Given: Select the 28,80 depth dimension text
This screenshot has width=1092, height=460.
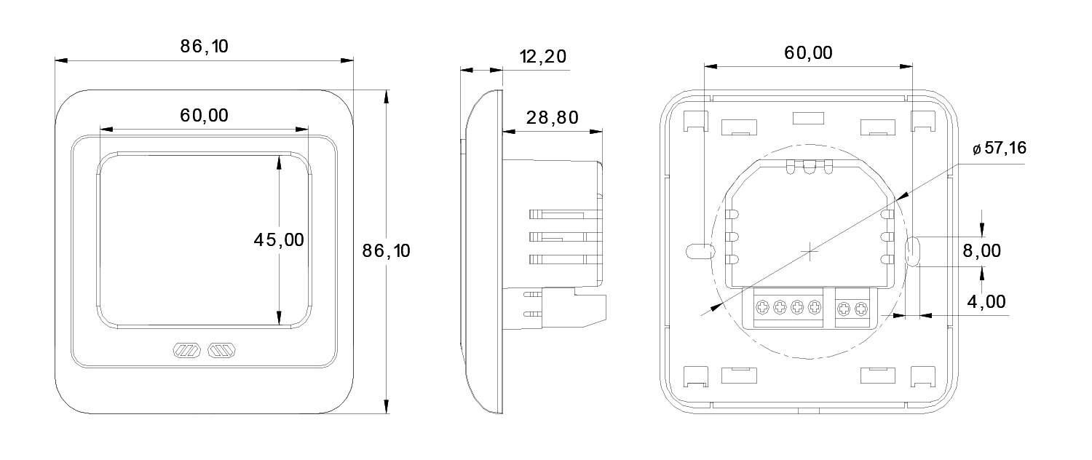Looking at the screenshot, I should point(553,118).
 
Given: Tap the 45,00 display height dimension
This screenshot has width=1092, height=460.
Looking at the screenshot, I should point(278,239).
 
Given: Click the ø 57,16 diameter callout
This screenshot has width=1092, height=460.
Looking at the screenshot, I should point(1000,149).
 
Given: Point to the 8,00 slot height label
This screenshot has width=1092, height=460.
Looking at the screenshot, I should point(981,251).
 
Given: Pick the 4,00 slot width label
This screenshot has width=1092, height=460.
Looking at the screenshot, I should point(987,301).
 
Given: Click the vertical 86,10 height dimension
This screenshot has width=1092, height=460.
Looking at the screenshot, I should point(387,251).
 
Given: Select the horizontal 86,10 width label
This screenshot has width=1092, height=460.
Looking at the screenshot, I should point(205,47).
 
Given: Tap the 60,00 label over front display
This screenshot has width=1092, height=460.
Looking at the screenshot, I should point(204,115).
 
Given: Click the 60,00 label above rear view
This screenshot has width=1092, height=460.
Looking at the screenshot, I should point(808,52).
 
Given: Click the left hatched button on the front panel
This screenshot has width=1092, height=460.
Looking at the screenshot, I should point(185,352).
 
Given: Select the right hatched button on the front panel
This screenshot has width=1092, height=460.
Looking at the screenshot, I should point(221,352).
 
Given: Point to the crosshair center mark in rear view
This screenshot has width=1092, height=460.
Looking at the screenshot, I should point(810,253).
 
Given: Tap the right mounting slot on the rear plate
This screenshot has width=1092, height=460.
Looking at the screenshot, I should point(913,250).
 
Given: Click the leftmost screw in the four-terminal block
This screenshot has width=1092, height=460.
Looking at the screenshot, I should point(761,308).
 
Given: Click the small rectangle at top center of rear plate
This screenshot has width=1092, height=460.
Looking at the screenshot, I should point(807,117).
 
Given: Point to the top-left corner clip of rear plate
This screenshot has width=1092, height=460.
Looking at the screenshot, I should point(696,120).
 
